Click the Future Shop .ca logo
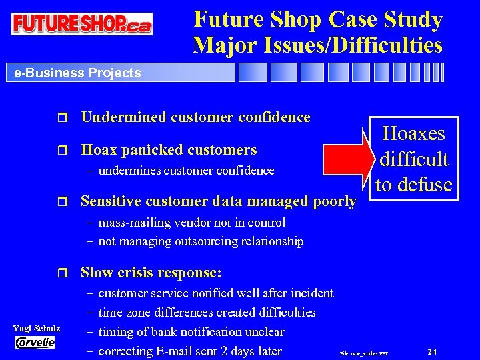click(81, 24)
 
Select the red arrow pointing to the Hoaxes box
click(347, 157)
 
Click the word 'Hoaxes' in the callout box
click(414, 133)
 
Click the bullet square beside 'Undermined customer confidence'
click(63, 118)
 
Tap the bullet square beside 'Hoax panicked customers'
click(63, 150)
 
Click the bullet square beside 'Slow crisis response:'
click(63, 273)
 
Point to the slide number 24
click(432, 351)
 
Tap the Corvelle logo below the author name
click(35, 342)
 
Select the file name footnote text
click(363, 352)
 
